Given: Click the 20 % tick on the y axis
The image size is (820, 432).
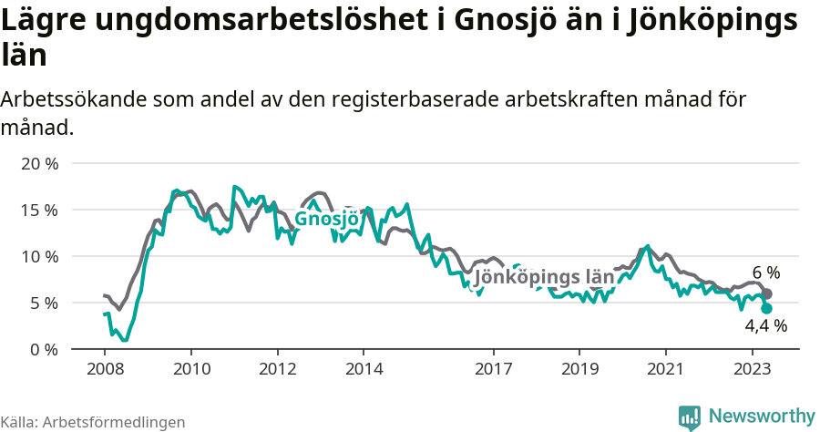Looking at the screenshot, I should pyautogui.click(x=39, y=164).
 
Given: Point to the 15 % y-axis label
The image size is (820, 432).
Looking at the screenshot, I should pyautogui.click(x=39, y=210).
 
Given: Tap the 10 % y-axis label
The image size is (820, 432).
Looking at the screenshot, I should pyautogui.click(x=39, y=256).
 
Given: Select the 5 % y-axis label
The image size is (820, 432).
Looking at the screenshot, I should pyautogui.click(x=43, y=303).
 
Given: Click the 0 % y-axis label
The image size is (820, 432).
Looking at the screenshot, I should pyautogui.click(x=43, y=349).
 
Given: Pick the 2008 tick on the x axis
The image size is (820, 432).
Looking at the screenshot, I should pyautogui.click(x=105, y=369).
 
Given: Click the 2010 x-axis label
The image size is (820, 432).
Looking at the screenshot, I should pyautogui.click(x=190, y=369).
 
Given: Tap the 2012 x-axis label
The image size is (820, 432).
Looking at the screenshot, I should pyautogui.click(x=277, y=369).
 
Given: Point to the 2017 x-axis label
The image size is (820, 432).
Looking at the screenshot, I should pyautogui.click(x=493, y=369).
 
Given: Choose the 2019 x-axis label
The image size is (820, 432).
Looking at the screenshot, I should pyautogui.click(x=579, y=369).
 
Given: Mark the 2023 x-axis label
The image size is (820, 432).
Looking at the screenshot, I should pyautogui.click(x=753, y=369).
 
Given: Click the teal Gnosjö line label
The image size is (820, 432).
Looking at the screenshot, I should pyautogui.click(x=326, y=220).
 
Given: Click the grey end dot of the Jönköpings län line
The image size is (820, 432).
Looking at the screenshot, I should pyautogui.click(x=767, y=293).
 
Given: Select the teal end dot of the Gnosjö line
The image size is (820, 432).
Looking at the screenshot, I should pyautogui.click(x=767, y=309).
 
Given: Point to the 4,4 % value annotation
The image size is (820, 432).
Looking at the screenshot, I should pyautogui.click(x=765, y=325).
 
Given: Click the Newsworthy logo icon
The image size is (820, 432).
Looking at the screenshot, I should pyautogui.click(x=690, y=417).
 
